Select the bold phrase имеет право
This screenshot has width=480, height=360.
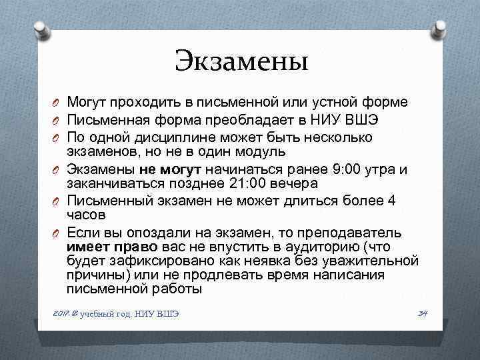click(103, 246)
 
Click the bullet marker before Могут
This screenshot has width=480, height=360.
click(58, 104)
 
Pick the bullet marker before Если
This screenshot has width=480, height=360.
click(58, 233)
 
